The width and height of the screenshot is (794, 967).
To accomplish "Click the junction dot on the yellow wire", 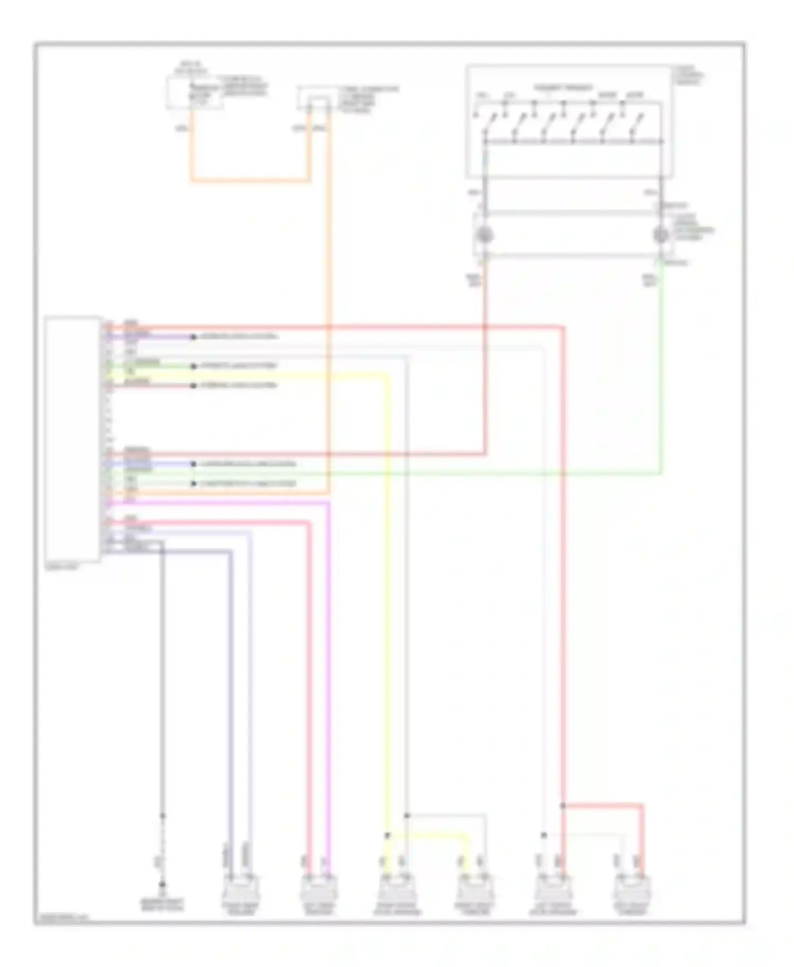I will click(x=387, y=835).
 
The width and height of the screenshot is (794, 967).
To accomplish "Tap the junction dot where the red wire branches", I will click(x=563, y=806).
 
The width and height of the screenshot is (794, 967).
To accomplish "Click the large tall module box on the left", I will click(x=73, y=439).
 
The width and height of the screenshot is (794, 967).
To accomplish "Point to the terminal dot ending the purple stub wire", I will click(x=194, y=337).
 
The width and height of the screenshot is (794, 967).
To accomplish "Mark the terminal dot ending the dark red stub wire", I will click(x=194, y=386).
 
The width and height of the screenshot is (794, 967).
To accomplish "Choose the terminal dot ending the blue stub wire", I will click(x=194, y=464).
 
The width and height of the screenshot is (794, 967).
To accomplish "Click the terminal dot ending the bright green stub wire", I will click(x=194, y=366).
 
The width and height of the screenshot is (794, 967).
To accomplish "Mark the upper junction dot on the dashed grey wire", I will click(x=163, y=816).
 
